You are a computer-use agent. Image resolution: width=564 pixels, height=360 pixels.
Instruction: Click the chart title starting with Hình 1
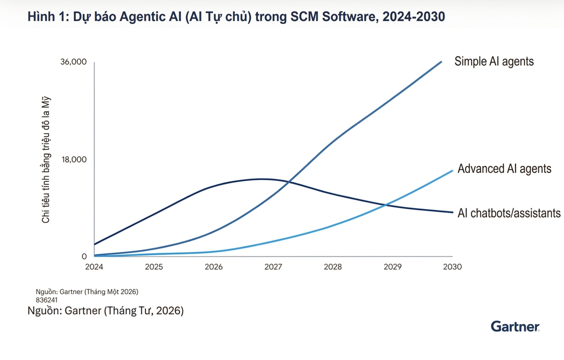tap(236, 17)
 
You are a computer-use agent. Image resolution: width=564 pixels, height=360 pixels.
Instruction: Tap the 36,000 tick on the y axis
tap(73, 62)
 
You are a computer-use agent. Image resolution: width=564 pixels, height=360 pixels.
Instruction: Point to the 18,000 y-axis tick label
tap(73, 159)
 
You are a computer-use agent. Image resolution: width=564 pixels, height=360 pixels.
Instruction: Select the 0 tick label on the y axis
tap(84, 256)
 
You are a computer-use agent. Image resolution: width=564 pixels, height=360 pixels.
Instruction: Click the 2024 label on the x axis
tap(94, 267)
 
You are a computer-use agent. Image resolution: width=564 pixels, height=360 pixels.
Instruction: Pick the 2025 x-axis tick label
tap(154, 267)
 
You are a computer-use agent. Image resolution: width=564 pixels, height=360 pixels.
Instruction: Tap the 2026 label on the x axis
tap(214, 267)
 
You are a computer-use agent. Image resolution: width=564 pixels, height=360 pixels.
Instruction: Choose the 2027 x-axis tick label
tap(273, 267)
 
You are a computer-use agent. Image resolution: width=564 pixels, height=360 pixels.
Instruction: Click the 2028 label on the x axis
tap(333, 267)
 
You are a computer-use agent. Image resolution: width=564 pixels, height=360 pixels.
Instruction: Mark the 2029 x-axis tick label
tap(392, 267)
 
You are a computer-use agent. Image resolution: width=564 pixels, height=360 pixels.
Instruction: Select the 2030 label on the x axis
tap(452, 267)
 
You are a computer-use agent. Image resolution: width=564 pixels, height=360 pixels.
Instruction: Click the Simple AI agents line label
tap(494, 61)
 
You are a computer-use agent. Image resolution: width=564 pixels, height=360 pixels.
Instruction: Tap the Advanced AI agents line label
tap(504, 169)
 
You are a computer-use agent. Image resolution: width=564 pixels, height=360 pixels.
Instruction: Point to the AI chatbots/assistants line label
tap(509, 213)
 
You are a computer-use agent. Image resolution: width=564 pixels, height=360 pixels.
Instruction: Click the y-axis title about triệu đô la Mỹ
tap(46, 159)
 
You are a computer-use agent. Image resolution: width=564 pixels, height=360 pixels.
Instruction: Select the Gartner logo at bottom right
tap(515, 326)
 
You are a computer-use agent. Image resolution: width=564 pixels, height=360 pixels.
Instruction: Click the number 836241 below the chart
tap(46, 300)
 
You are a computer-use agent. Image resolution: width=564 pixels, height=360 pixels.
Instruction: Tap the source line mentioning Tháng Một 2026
tap(87, 292)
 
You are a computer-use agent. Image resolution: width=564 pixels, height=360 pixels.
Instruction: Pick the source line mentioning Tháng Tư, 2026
tap(105, 311)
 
